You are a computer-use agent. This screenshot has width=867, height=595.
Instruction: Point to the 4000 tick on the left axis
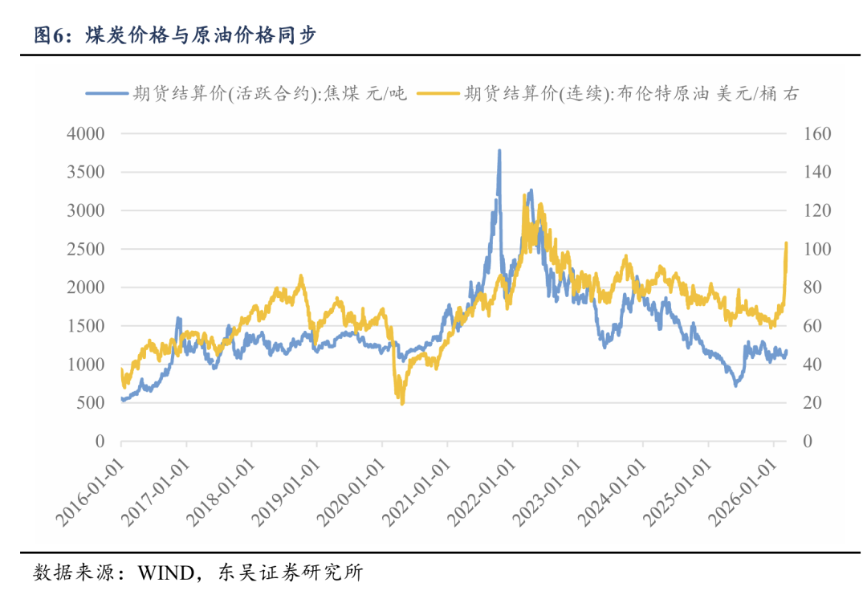[88, 133]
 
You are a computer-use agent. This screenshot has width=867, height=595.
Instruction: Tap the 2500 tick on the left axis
[88, 249]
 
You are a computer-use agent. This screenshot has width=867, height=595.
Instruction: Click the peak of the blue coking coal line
[499, 150]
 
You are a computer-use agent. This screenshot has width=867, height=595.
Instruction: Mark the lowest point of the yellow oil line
[402, 403]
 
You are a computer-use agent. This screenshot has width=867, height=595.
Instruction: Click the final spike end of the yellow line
[786, 242]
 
